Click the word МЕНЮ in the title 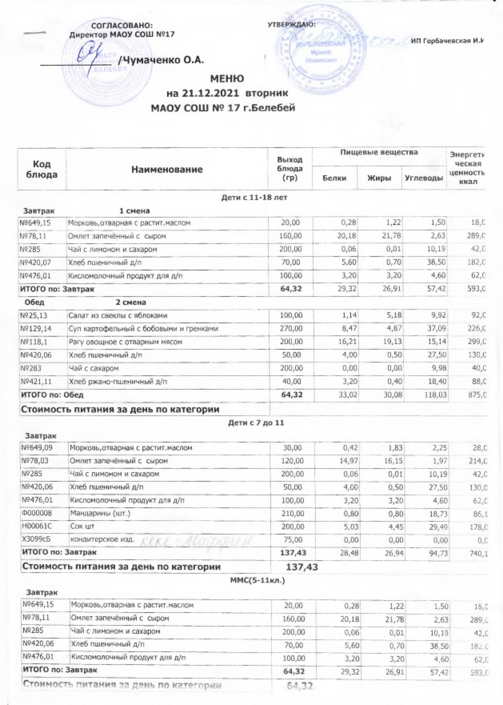pyautogui.click(x=227, y=78)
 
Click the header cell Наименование pyautogui.click(x=167, y=170)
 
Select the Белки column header pyautogui.click(x=334, y=178)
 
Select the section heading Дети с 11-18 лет pyautogui.click(x=254, y=198)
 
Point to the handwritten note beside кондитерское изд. pyautogui.click(x=197, y=540)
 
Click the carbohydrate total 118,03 pyautogui.click(x=434, y=395)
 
